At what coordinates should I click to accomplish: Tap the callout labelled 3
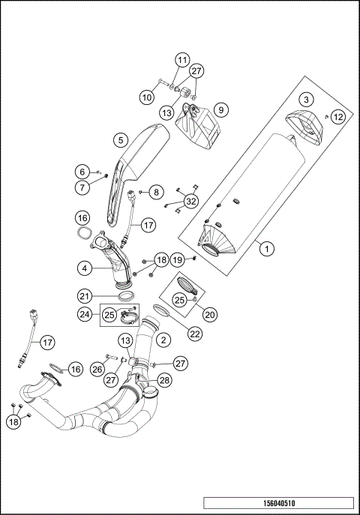306,100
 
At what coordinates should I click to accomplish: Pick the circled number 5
118,139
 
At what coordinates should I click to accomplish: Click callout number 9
220,109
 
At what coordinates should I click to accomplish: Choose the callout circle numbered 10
147,97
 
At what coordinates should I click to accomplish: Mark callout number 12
338,116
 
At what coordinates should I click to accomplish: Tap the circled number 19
177,259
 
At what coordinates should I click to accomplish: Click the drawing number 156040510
277,503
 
